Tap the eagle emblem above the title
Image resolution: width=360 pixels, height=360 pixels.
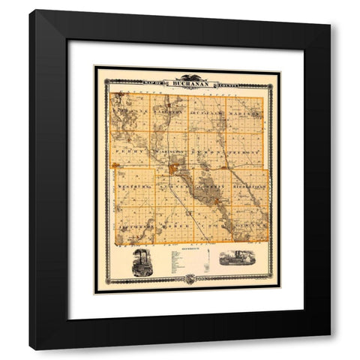click(187, 76)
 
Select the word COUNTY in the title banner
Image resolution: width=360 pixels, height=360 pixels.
click(225, 84)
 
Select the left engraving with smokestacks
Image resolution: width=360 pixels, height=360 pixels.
click(142, 262)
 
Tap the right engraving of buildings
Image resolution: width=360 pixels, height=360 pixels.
click(238, 259)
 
